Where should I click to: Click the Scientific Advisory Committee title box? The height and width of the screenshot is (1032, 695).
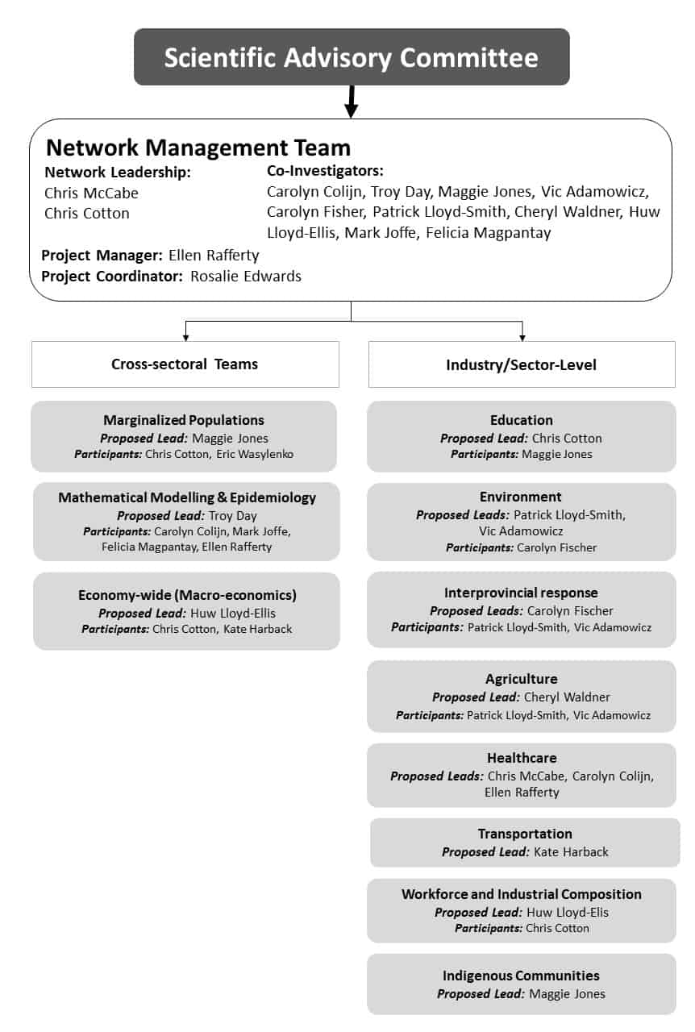point(352,56)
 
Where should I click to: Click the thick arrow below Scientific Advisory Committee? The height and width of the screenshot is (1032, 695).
point(352,102)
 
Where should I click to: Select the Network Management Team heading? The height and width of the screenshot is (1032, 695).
point(198,148)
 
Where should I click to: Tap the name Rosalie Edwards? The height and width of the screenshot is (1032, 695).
point(246,276)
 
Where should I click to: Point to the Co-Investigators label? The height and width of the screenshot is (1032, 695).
point(325,171)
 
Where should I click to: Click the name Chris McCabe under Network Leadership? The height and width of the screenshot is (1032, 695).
point(91,193)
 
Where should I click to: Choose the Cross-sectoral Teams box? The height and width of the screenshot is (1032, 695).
point(185,364)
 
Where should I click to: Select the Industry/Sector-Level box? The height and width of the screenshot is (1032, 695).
point(522,364)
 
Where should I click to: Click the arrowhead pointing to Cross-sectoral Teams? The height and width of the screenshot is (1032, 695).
point(185,338)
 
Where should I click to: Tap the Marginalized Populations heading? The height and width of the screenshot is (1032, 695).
point(184,420)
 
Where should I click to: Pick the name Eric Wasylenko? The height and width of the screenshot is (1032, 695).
point(255,454)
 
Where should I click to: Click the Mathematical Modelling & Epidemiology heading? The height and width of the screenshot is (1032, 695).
point(187,497)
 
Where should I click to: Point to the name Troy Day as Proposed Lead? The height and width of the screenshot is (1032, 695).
point(233,516)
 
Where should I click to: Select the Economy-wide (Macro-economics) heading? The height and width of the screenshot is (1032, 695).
point(187,595)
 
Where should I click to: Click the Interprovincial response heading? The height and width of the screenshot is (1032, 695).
point(521,593)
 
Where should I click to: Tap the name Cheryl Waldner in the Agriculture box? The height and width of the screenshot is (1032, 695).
point(568,697)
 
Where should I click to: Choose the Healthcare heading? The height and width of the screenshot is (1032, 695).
point(522,758)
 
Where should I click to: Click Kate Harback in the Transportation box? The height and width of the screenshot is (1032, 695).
point(572,852)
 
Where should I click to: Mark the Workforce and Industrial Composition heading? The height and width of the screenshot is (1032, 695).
point(521,894)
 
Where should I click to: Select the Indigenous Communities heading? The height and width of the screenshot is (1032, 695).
point(521,976)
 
